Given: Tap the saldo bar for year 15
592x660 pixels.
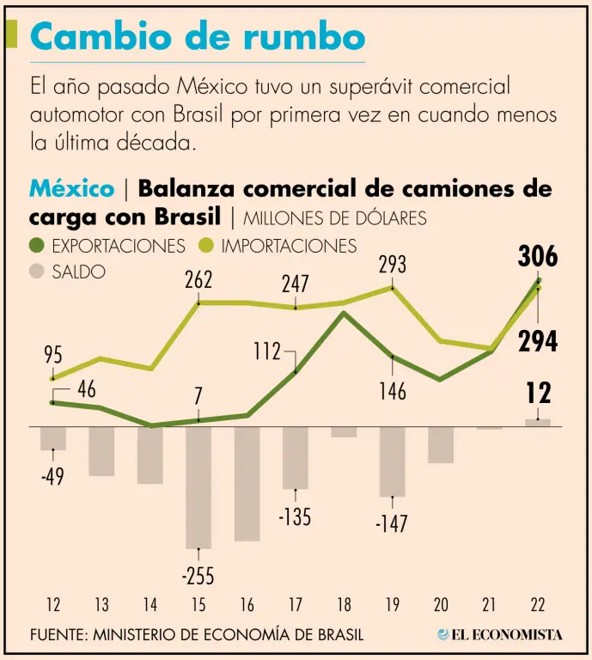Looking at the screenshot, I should click(x=198, y=486).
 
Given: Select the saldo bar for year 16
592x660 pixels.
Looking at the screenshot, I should click(x=247, y=483).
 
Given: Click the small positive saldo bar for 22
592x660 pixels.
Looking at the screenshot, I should click(x=538, y=422).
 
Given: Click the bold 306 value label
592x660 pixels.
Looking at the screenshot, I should click(x=538, y=256).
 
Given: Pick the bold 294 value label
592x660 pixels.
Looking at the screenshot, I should click(x=538, y=341).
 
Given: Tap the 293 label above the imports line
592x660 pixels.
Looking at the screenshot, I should click(x=392, y=265).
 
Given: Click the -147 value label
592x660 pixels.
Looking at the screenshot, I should click(x=392, y=522).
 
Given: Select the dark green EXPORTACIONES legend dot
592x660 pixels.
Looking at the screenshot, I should click(x=37, y=247).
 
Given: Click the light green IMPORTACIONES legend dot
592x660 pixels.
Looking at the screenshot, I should click(x=206, y=247).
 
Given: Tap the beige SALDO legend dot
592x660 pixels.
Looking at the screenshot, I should click(x=37, y=272).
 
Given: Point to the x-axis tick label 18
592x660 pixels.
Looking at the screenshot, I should click(x=344, y=605).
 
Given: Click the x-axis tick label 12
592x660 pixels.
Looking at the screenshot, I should click(x=53, y=605).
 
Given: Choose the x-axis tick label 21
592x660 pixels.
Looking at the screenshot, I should click(x=490, y=605).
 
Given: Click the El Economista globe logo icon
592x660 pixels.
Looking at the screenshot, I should click(x=442, y=634).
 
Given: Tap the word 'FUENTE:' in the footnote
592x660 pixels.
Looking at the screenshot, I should click(x=58, y=635).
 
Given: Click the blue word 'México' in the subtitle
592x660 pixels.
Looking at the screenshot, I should click(x=71, y=188).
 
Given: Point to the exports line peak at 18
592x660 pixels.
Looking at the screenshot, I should click(x=344, y=313).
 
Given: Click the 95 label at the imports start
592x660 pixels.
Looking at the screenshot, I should click(x=53, y=353).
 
